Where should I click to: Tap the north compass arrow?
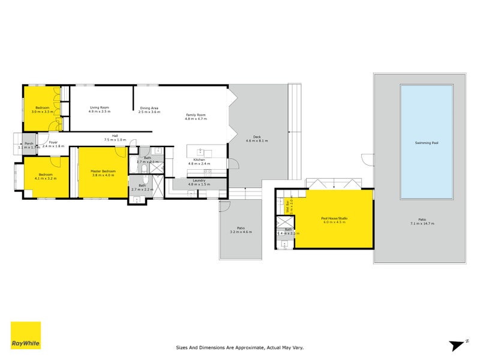click(458, 344)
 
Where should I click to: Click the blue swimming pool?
click(427, 143)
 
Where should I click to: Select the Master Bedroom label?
click(103, 171)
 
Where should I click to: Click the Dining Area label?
click(148, 107)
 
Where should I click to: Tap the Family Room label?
click(196, 115)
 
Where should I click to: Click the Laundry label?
click(199, 180)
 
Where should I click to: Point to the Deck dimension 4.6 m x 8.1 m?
click(257, 141)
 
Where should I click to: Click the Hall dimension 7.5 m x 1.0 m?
click(114, 139)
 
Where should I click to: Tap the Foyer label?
click(53, 142)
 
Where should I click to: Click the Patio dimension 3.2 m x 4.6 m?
click(241, 232)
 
